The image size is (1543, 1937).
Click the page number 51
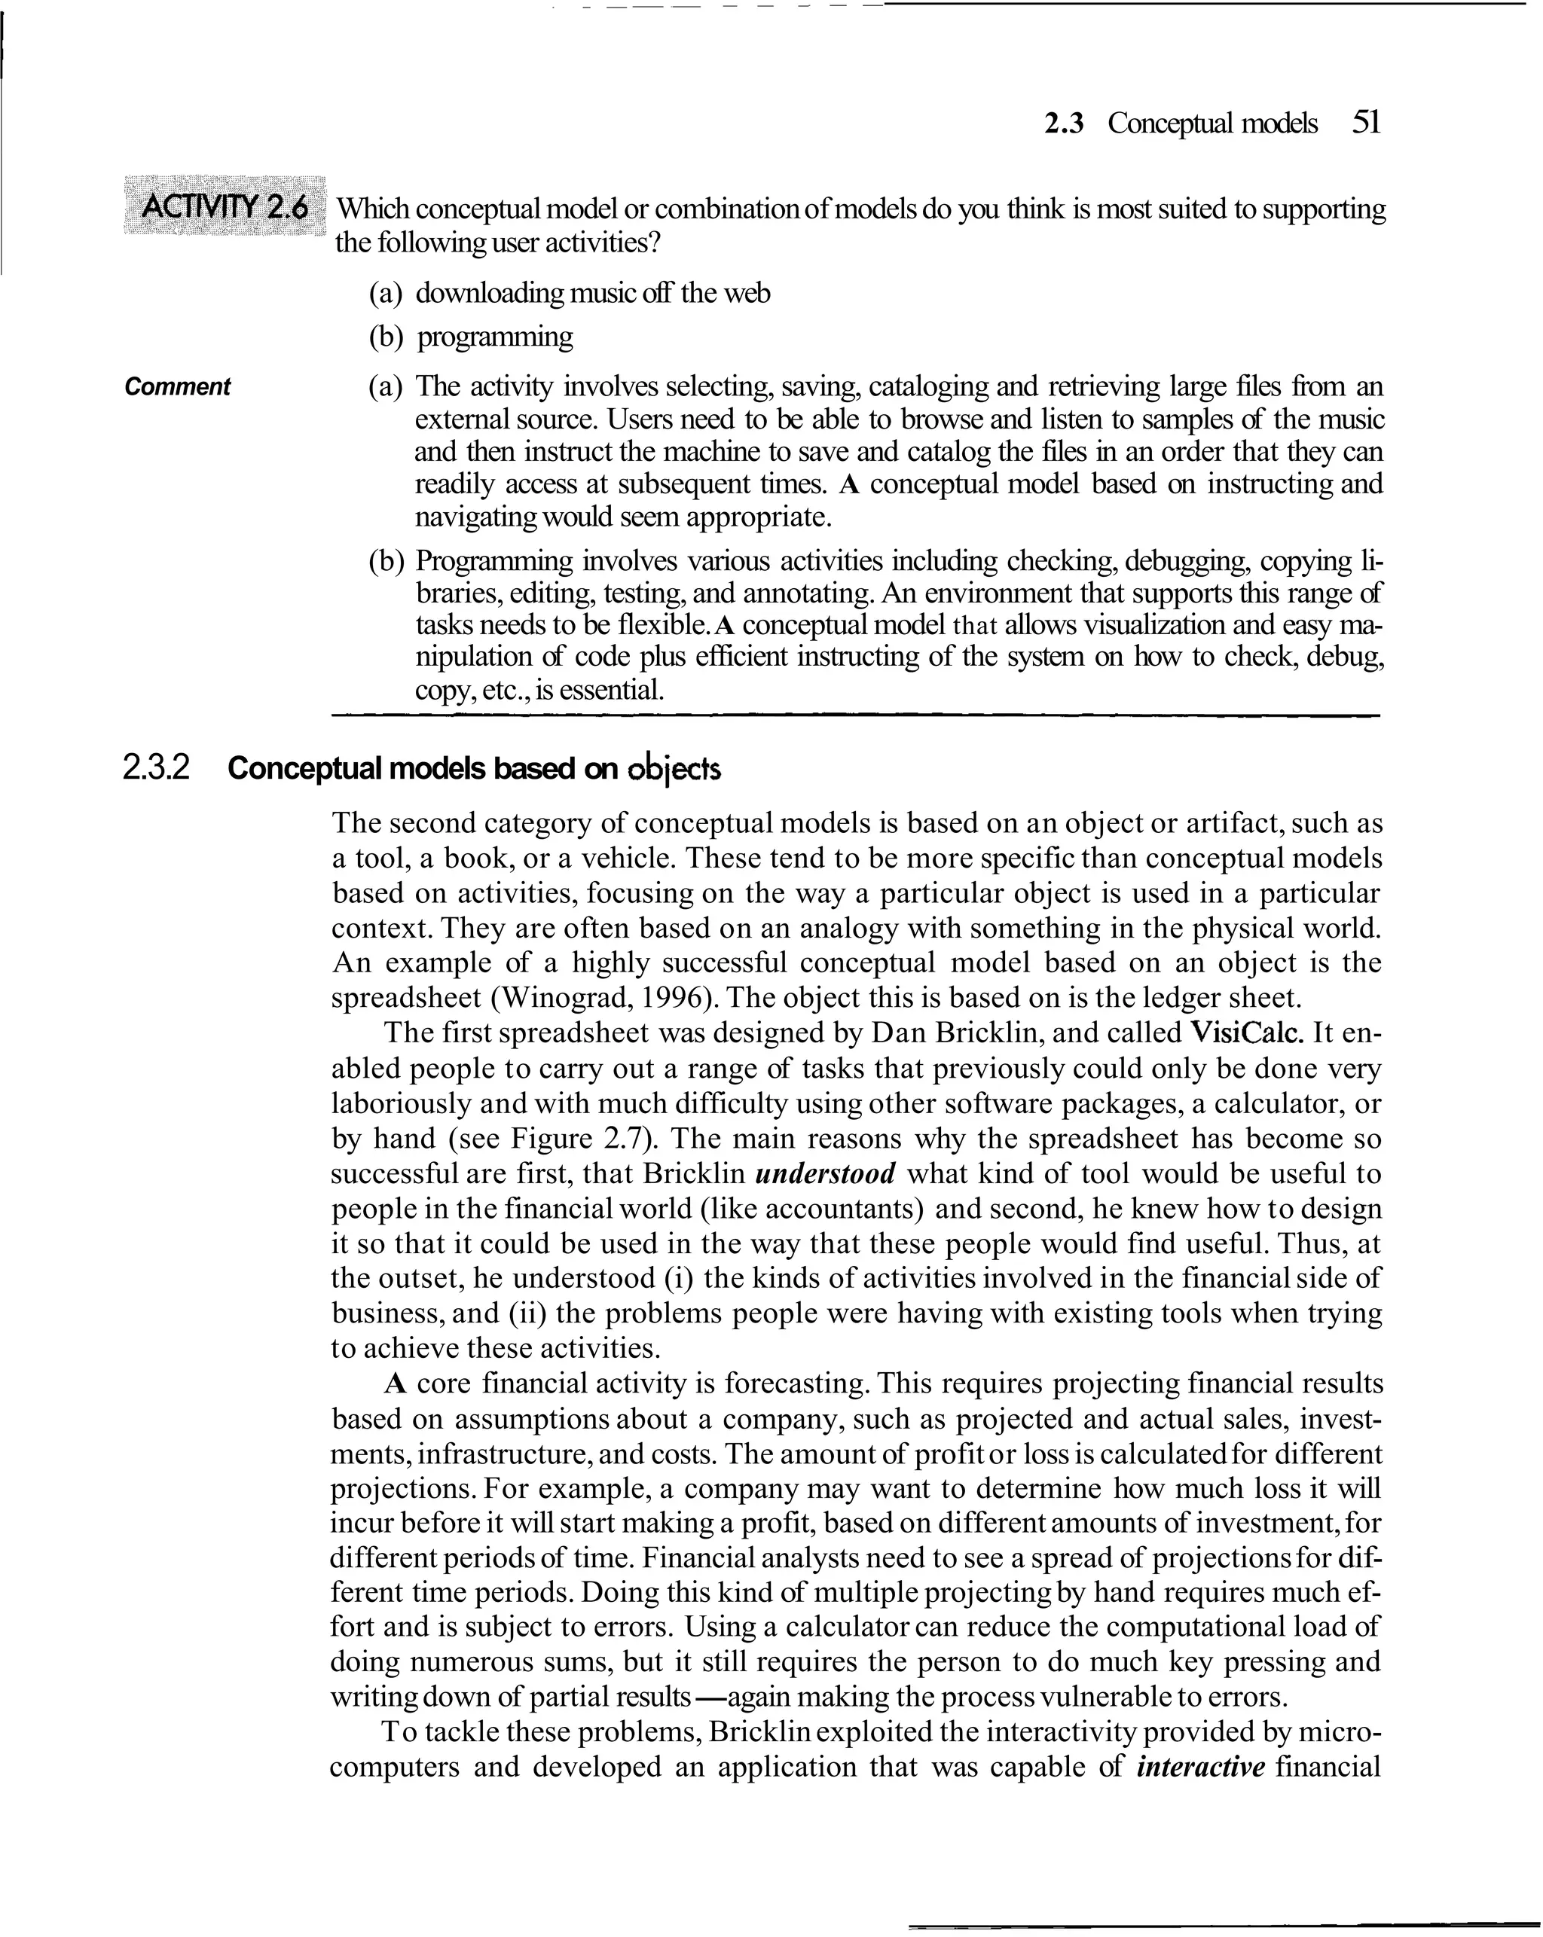[x=1365, y=122]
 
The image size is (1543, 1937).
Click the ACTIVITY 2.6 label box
[x=225, y=209]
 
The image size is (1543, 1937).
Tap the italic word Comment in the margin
[x=177, y=387]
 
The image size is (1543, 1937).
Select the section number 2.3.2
[x=157, y=769]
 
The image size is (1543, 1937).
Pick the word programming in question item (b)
[x=495, y=338]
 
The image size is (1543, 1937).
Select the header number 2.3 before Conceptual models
[x=1063, y=123]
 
